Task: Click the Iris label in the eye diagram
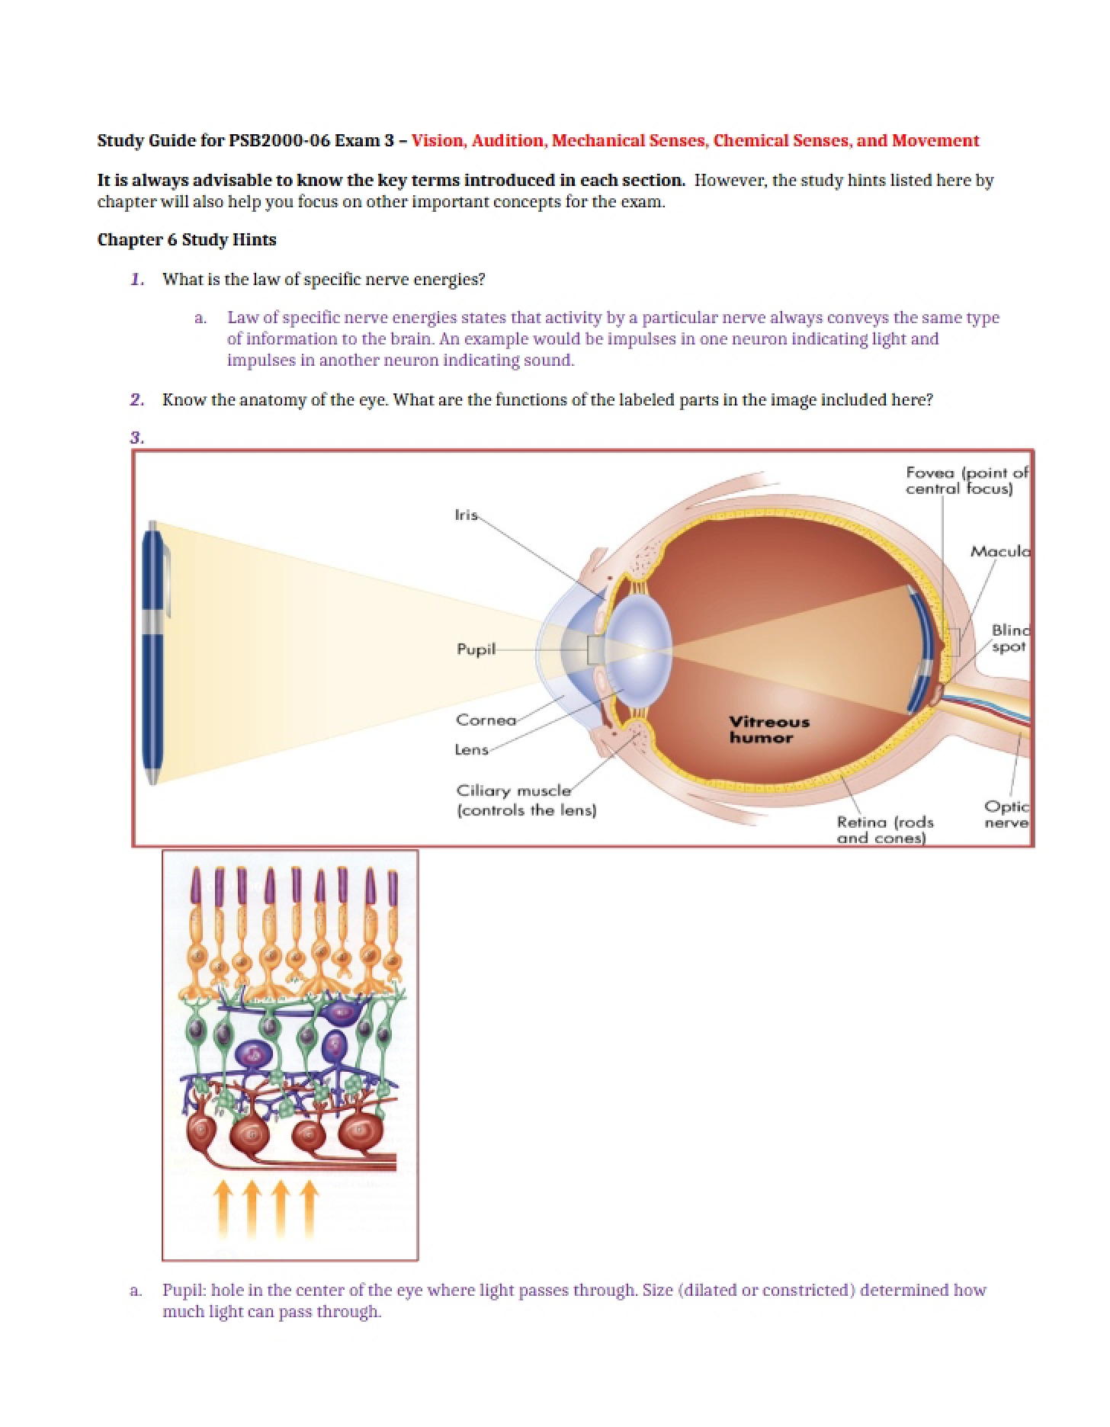(x=467, y=515)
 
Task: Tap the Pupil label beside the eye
(x=476, y=649)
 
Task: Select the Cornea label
(x=486, y=720)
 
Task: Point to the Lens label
(x=472, y=749)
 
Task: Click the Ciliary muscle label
(x=526, y=800)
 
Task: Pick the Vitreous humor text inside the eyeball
(x=768, y=730)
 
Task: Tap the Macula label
(x=1000, y=550)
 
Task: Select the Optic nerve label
(x=1006, y=814)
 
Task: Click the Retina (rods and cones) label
(x=885, y=829)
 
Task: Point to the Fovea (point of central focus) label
(x=967, y=480)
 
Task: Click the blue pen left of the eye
(x=155, y=653)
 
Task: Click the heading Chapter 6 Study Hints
(x=187, y=239)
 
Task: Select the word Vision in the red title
(x=438, y=140)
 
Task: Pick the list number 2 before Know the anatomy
(x=137, y=399)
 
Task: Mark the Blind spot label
(x=1010, y=638)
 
